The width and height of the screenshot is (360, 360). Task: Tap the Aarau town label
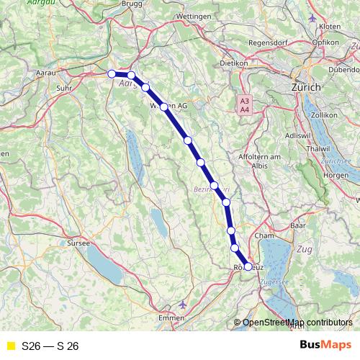coord(45,72)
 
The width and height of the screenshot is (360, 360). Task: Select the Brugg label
coord(132,4)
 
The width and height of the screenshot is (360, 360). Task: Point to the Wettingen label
coord(193,15)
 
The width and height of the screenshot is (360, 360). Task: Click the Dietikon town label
coord(230,63)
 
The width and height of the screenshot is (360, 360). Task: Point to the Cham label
coord(266,235)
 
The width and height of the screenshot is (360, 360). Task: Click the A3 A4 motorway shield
coord(245,105)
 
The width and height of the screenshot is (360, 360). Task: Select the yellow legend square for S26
coord(10,346)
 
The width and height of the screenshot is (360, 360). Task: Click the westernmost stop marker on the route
coord(112,73)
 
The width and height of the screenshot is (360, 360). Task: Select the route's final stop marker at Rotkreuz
coord(248,266)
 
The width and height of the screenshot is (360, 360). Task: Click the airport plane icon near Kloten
coord(311,17)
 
